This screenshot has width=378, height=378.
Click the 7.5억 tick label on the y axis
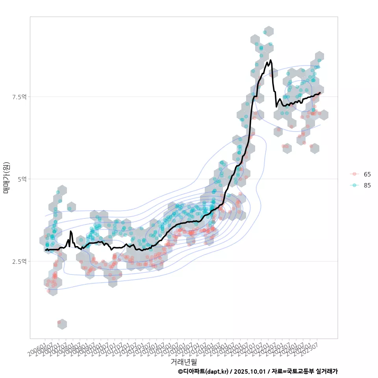(x=20, y=97)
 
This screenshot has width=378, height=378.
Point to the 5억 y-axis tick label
(x=22, y=179)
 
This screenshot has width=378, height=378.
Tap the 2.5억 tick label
(x=20, y=261)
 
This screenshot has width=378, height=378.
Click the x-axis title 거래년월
(x=183, y=361)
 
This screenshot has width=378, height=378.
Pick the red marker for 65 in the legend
(x=355, y=174)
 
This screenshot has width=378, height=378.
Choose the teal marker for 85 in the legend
(x=355, y=185)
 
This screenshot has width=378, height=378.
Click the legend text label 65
(x=367, y=174)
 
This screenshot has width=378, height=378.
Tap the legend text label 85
(x=367, y=185)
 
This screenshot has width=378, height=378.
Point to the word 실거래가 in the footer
(x=327, y=371)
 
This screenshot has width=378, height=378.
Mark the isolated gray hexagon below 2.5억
(x=62, y=324)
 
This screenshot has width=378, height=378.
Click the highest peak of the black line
(x=271, y=60)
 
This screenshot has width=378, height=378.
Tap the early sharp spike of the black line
(x=71, y=232)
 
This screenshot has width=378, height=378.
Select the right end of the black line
(x=320, y=93)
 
